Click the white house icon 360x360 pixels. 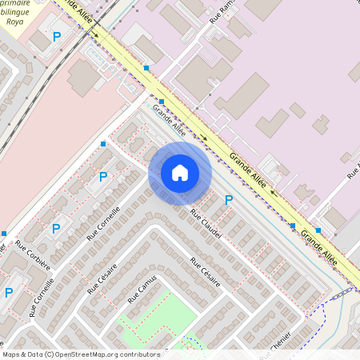(180, 173)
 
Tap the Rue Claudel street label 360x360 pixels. (205, 217)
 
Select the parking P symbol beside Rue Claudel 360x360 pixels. (229, 200)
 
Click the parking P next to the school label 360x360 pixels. (56, 37)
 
